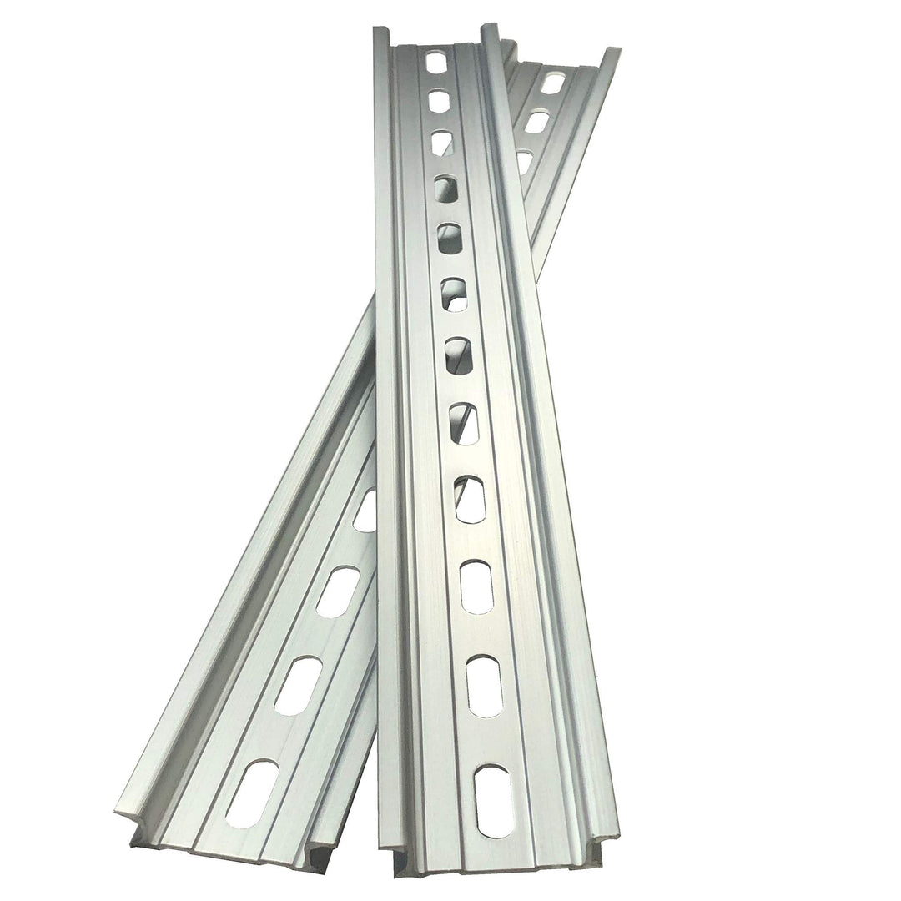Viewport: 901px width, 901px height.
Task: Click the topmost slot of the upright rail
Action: [x=436, y=63]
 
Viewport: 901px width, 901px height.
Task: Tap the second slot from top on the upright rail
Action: [x=440, y=101]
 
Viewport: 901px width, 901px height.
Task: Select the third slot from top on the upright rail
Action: [x=443, y=142]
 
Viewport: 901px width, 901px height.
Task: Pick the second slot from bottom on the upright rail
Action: [x=484, y=686]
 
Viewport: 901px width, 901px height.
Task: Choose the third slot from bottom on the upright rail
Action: [x=477, y=586]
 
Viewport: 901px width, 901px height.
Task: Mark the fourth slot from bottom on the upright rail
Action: [x=471, y=500]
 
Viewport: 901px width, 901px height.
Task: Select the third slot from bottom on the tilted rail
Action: [x=338, y=591]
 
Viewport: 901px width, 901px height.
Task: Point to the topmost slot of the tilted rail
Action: [x=552, y=83]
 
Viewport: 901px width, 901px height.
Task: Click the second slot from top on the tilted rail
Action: [x=538, y=122]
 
